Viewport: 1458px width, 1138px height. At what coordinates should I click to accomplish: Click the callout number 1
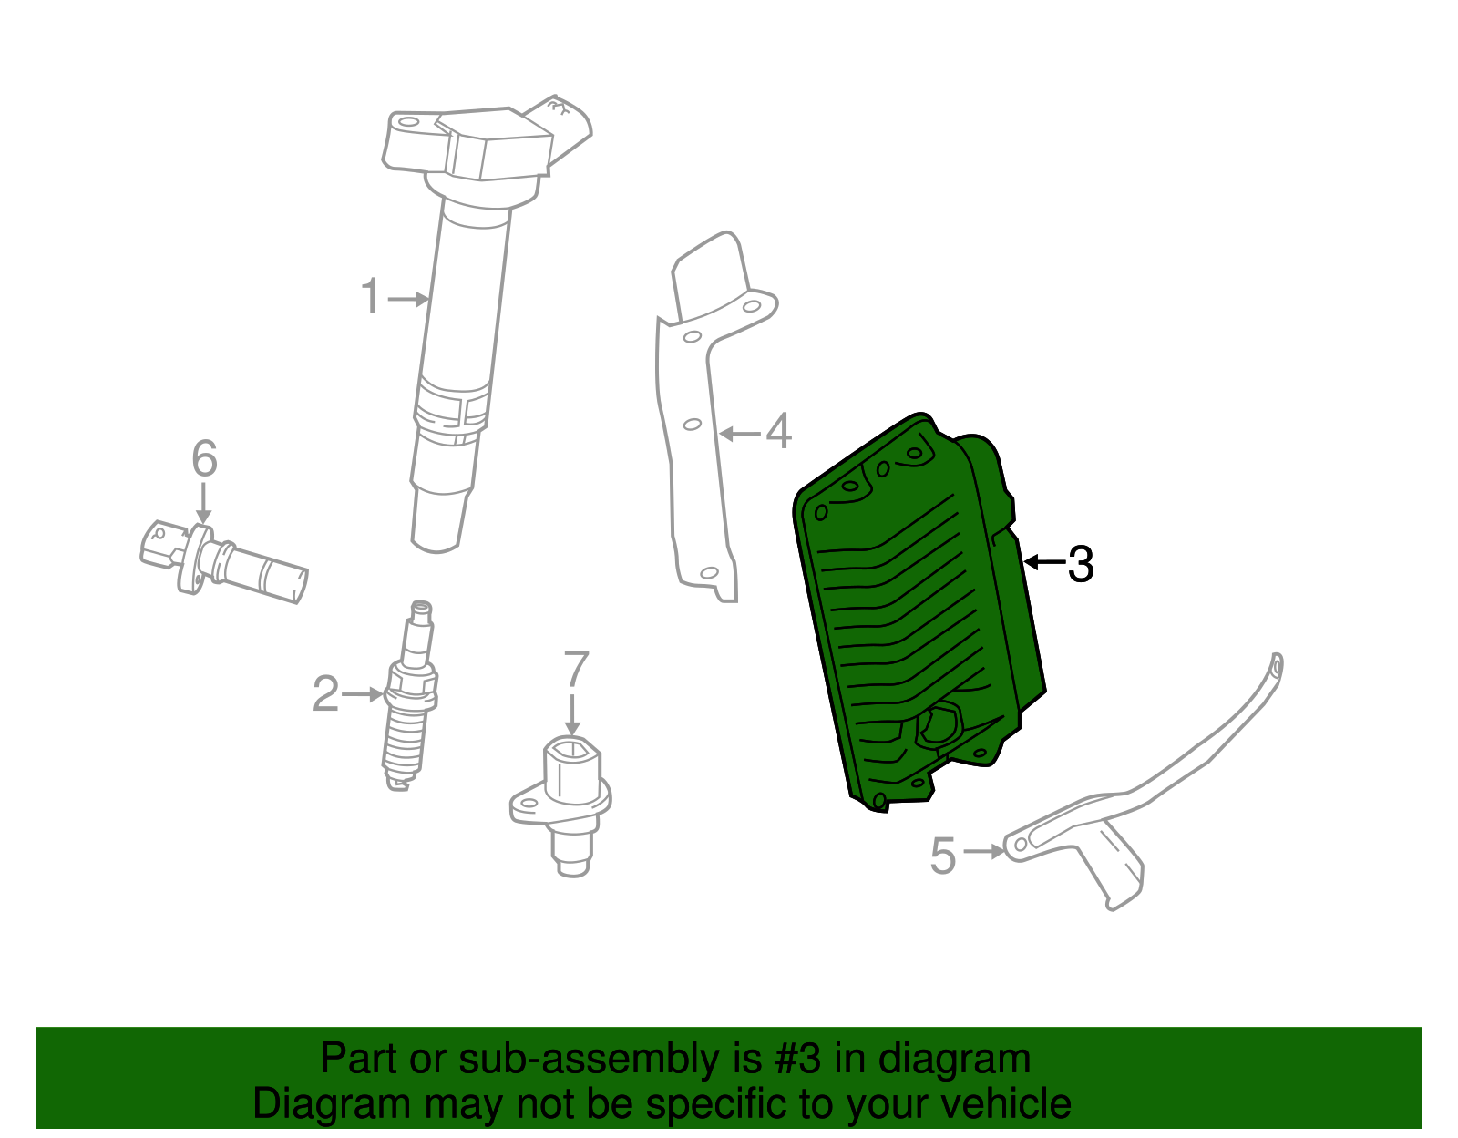[369, 298]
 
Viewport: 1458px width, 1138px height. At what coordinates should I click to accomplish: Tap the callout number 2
[325, 694]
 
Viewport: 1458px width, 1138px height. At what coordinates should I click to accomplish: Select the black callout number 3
[1080, 564]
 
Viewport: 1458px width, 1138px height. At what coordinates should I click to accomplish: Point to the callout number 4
[778, 431]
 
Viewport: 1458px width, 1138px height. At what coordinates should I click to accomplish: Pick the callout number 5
[943, 856]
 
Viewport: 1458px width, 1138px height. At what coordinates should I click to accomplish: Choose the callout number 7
[576, 670]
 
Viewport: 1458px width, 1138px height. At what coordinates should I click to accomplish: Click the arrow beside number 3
[1042, 562]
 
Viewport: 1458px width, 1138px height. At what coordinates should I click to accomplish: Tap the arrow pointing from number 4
[739, 434]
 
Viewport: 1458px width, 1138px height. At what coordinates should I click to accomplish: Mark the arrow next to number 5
[984, 852]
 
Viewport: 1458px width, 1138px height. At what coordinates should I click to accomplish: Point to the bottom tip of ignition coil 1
[436, 543]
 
